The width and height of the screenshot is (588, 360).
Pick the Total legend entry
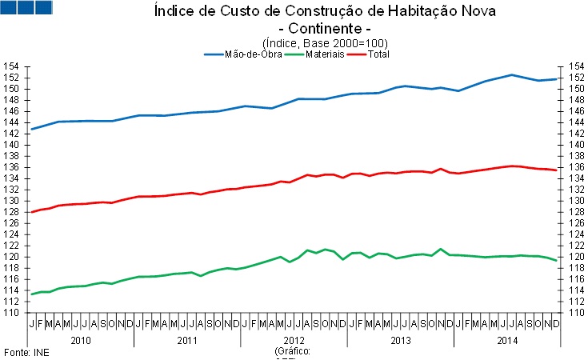(x=379, y=54)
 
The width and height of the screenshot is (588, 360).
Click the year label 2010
(x=80, y=340)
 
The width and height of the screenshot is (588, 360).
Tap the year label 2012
(x=294, y=340)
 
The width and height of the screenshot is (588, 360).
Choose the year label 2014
(x=507, y=340)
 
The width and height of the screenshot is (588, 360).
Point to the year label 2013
(x=400, y=340)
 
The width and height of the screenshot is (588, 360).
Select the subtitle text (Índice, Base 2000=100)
(x=325, y=42)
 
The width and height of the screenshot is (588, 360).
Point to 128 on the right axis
(x=574, y=212)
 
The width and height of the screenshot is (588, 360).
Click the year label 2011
(x=186, y=340)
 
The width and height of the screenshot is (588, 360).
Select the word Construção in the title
(x=293, y=11)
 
